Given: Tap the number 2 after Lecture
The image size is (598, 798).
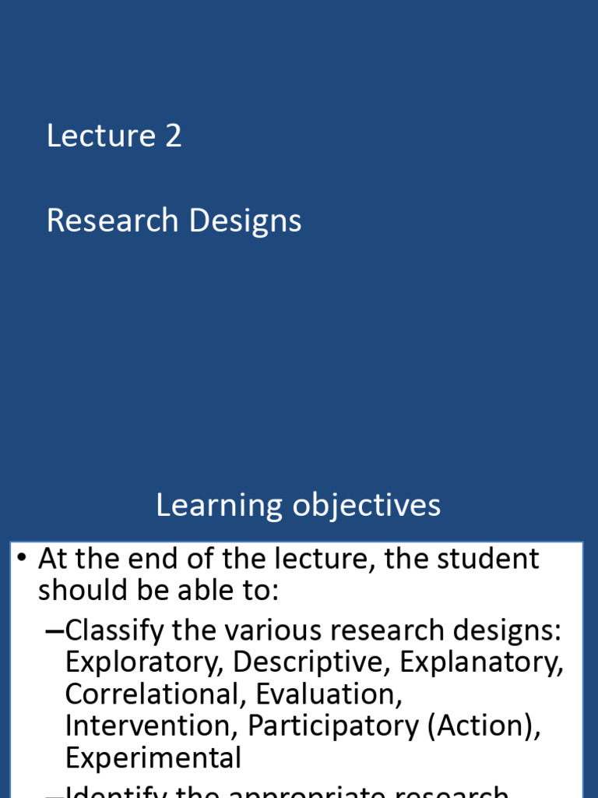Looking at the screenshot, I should point(173,136).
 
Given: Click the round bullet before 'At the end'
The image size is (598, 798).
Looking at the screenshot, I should point(22,559).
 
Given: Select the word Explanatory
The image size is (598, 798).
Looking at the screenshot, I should point(482,662).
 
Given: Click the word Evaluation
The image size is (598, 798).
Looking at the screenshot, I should point(329,694).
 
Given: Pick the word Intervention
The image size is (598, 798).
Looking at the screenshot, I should point(153,726).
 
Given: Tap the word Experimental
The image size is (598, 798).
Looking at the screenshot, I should point(153,758).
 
